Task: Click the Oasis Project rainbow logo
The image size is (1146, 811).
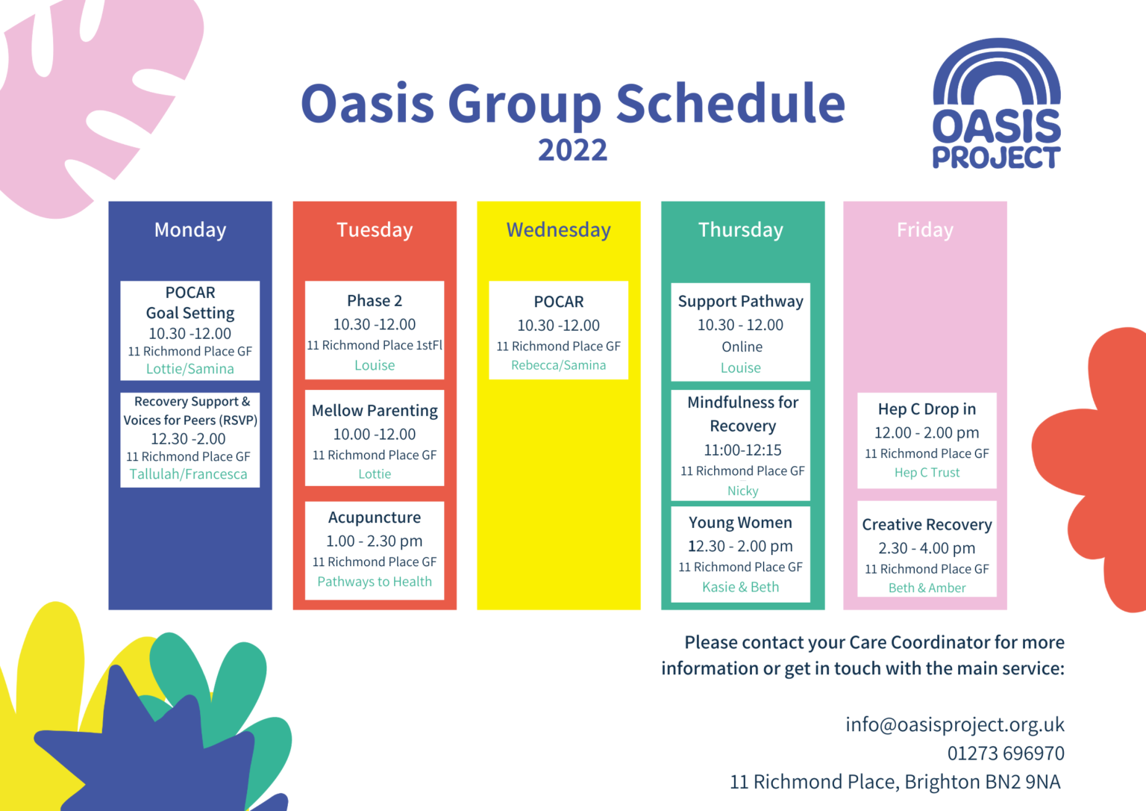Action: (996, 103)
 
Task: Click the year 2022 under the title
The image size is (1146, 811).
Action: (572, 150)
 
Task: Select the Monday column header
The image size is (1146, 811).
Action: (190, 230)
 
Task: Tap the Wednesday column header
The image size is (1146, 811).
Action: (558, 230)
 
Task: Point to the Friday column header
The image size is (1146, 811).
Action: (924, 230)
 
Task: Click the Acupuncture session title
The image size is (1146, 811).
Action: (375, 518)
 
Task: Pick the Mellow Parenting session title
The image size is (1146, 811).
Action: (375, 411)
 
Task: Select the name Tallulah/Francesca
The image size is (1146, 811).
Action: (188, 474)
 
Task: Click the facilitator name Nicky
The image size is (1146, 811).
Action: (742, 491)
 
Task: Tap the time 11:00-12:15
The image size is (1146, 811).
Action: (742, 450)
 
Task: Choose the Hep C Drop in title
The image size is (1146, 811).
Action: (927, 409)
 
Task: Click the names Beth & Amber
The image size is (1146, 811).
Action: (927, 588)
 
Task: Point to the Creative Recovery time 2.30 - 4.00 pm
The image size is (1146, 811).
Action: (927, 548)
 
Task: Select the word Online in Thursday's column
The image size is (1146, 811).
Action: (742, 347)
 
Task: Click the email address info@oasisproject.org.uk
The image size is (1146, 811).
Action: (954, 724)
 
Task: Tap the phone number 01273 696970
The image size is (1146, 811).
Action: (1005, 753)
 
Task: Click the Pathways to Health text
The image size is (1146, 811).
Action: (375, 582)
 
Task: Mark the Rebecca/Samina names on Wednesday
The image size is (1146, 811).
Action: (558, 365)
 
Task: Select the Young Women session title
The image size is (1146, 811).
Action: (740, 523)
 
